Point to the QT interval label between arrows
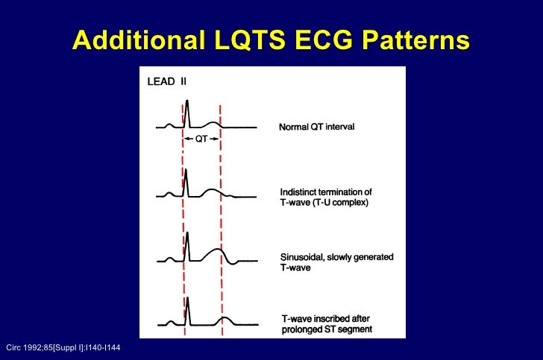[202, 139]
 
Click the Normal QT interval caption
[316, 127]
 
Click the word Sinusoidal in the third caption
[302, 257]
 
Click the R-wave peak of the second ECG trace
[186, 171]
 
